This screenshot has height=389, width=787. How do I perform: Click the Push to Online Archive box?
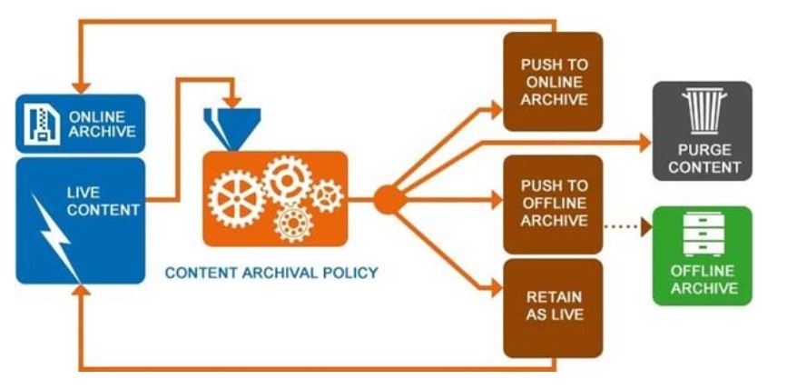point(553,82)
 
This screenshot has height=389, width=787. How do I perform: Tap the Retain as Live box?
point(553,307)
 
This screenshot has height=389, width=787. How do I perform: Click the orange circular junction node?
point(388,199)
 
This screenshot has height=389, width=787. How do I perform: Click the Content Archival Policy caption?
point(271,272)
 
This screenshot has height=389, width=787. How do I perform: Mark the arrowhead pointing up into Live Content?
point(80,293)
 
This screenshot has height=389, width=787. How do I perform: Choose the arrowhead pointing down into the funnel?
point(233,99)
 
